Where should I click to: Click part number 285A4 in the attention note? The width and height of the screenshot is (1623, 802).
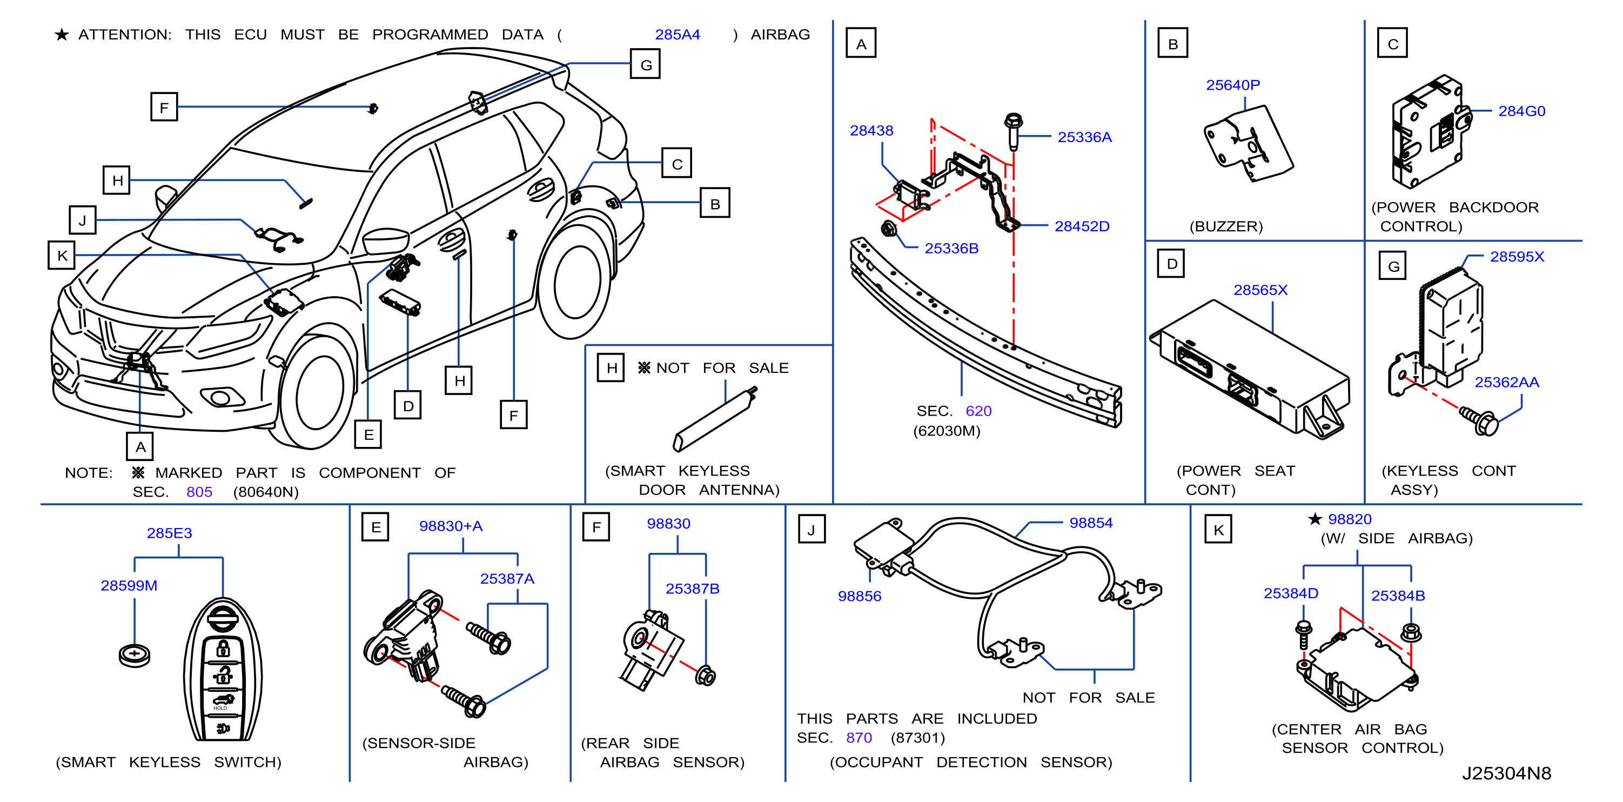pyautogui.click(x=678, y=35)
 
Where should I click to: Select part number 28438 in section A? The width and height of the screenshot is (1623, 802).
pyautogui.click(x=871, y=130)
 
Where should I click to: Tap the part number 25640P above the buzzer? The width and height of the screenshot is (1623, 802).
pyautogui.click(x=1233, y=85)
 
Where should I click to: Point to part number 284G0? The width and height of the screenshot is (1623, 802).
pyautogui.click(x=1521, y=111)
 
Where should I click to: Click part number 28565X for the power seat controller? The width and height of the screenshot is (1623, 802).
pyautogui.click(x=1260, y=290)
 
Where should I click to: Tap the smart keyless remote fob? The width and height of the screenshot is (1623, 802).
pyautogui.click(x=223, y=669)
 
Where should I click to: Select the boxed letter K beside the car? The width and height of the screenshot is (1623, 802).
pyautogui.click(x=62, y=255)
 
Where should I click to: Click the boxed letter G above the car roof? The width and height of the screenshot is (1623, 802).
pyautogui.click(x=646, y=64)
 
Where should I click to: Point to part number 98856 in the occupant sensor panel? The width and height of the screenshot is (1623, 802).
pyautogui.click(x=860, y=596)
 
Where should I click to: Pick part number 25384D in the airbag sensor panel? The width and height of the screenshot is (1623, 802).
pyautogui.click(x=1291, y=593)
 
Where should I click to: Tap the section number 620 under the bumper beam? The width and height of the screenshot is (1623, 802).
pyautogui.click(x=978, y=411)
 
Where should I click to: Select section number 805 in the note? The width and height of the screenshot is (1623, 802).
pyautogui.click(x=199, y=491)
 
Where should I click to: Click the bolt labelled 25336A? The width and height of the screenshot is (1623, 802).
pyautogui.click(x=1013, y=130)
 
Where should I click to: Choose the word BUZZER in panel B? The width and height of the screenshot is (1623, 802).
pyautogui.click(x=1226, y=226)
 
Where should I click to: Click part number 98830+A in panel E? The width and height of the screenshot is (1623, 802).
pyautogui.click(x=451, y=526)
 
